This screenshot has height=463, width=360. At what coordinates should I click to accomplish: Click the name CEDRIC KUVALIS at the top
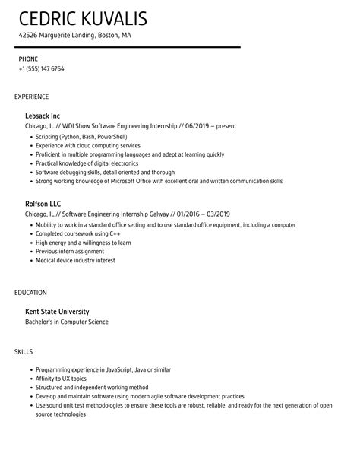pos(84,18)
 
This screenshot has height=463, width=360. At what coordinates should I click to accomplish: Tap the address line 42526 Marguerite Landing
pos(75,35)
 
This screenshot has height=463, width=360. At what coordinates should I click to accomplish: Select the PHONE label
pos(28,59)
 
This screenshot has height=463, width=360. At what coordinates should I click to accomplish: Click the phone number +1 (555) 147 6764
pos(42,69)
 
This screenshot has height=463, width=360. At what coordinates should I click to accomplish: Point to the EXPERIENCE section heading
pos(32,97)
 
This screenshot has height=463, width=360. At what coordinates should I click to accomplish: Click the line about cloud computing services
pos(87,145)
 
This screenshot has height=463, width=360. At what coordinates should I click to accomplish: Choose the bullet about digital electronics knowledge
pos(87,163)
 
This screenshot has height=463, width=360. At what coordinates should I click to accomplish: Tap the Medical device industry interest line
pos(76,260)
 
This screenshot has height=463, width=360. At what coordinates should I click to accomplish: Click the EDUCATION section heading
pos(30,292)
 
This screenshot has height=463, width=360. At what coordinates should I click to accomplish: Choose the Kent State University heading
pos(58,311)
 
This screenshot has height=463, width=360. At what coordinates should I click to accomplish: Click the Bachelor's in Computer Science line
pos(67,322)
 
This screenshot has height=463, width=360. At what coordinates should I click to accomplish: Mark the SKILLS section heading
pos(24,352)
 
